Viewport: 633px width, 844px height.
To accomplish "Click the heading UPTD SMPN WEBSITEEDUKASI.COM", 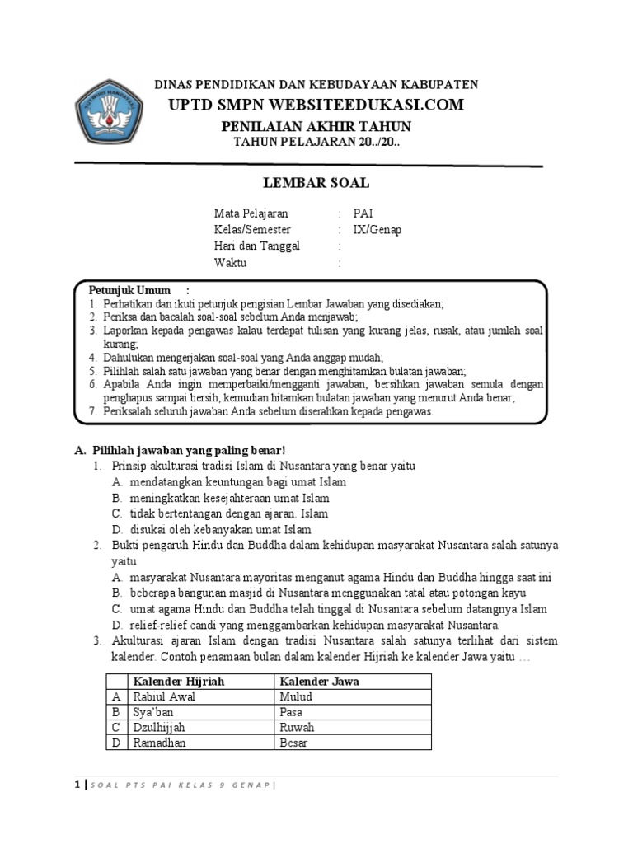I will (x=316, y=105).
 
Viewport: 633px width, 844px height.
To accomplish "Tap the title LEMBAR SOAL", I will (x=316, y=183).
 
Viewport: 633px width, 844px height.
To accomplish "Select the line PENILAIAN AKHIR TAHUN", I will (x=316, y=126).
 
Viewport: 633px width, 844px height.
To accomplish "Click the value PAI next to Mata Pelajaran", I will (x=363, y=213).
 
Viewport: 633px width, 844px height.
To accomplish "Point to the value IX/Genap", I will (x=377, y=230).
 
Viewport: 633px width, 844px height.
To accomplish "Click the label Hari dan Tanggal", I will (x=257, y=246).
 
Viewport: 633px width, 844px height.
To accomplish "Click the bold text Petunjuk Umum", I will (x=130, y=290).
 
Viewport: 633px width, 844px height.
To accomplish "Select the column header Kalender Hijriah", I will (x=179, y=682).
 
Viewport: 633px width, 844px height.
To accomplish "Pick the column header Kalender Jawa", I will (x=319, y=682).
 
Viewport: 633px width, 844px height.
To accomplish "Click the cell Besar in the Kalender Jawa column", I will (x=293, y=743).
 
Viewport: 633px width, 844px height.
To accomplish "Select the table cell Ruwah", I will (x=297, y=728).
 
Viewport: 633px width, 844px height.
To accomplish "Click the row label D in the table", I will (x=116, y=743).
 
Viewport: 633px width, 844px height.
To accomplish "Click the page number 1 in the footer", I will (x=77, y=784).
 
